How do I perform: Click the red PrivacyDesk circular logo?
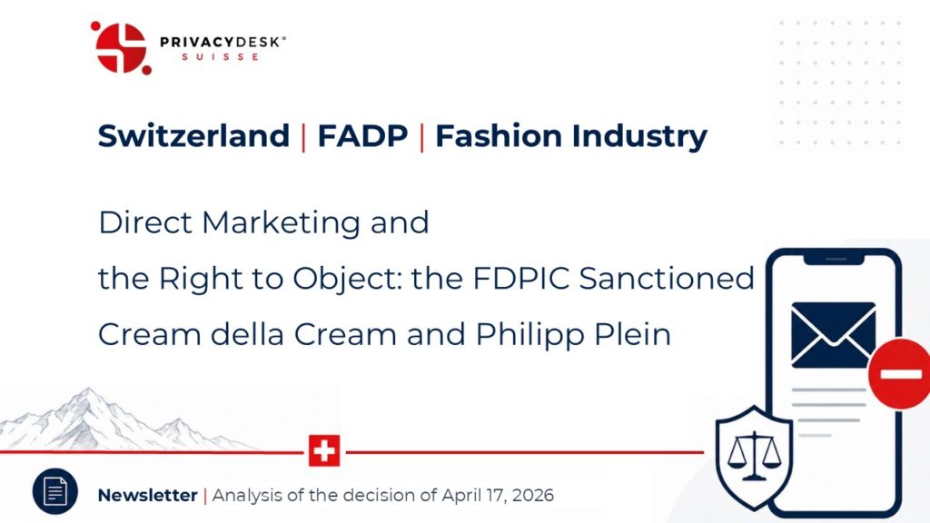(121, 48)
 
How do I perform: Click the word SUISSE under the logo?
(220, 57)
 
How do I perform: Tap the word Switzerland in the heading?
(193, 136)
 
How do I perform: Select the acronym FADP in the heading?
(362, 136)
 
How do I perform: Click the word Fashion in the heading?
(499, 136)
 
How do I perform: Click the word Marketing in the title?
(281, 223)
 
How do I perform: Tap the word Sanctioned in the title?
(667, 278)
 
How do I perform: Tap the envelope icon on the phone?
(834, 334)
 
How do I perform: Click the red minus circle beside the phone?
(899, 373)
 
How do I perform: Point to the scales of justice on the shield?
(754, 456)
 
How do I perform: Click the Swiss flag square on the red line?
(324, 450)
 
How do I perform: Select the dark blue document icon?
(55, 491)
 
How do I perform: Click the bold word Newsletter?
(148, 495)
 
